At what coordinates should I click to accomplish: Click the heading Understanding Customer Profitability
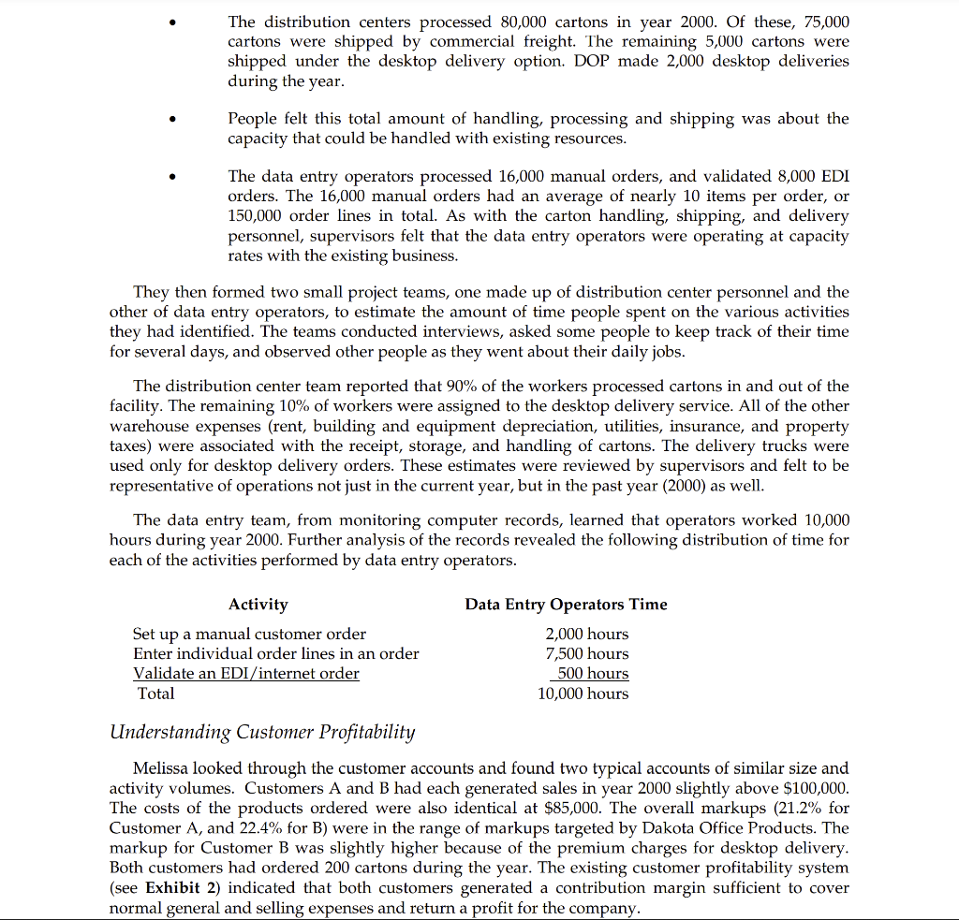(x=261, y=732)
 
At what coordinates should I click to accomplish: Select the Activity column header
(x=258, y=605)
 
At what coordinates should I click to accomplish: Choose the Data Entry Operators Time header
(x=566, y=605)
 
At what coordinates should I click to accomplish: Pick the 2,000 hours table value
(x=587, y=635)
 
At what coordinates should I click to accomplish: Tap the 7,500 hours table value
(x=587, y=654)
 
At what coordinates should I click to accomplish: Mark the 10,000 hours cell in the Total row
(x=583, y=694)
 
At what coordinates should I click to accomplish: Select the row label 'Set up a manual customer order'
(x=250, y=635)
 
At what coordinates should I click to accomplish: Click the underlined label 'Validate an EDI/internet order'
(x=246, y=674)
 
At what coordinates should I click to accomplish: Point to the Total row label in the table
(x=155, y=694)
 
